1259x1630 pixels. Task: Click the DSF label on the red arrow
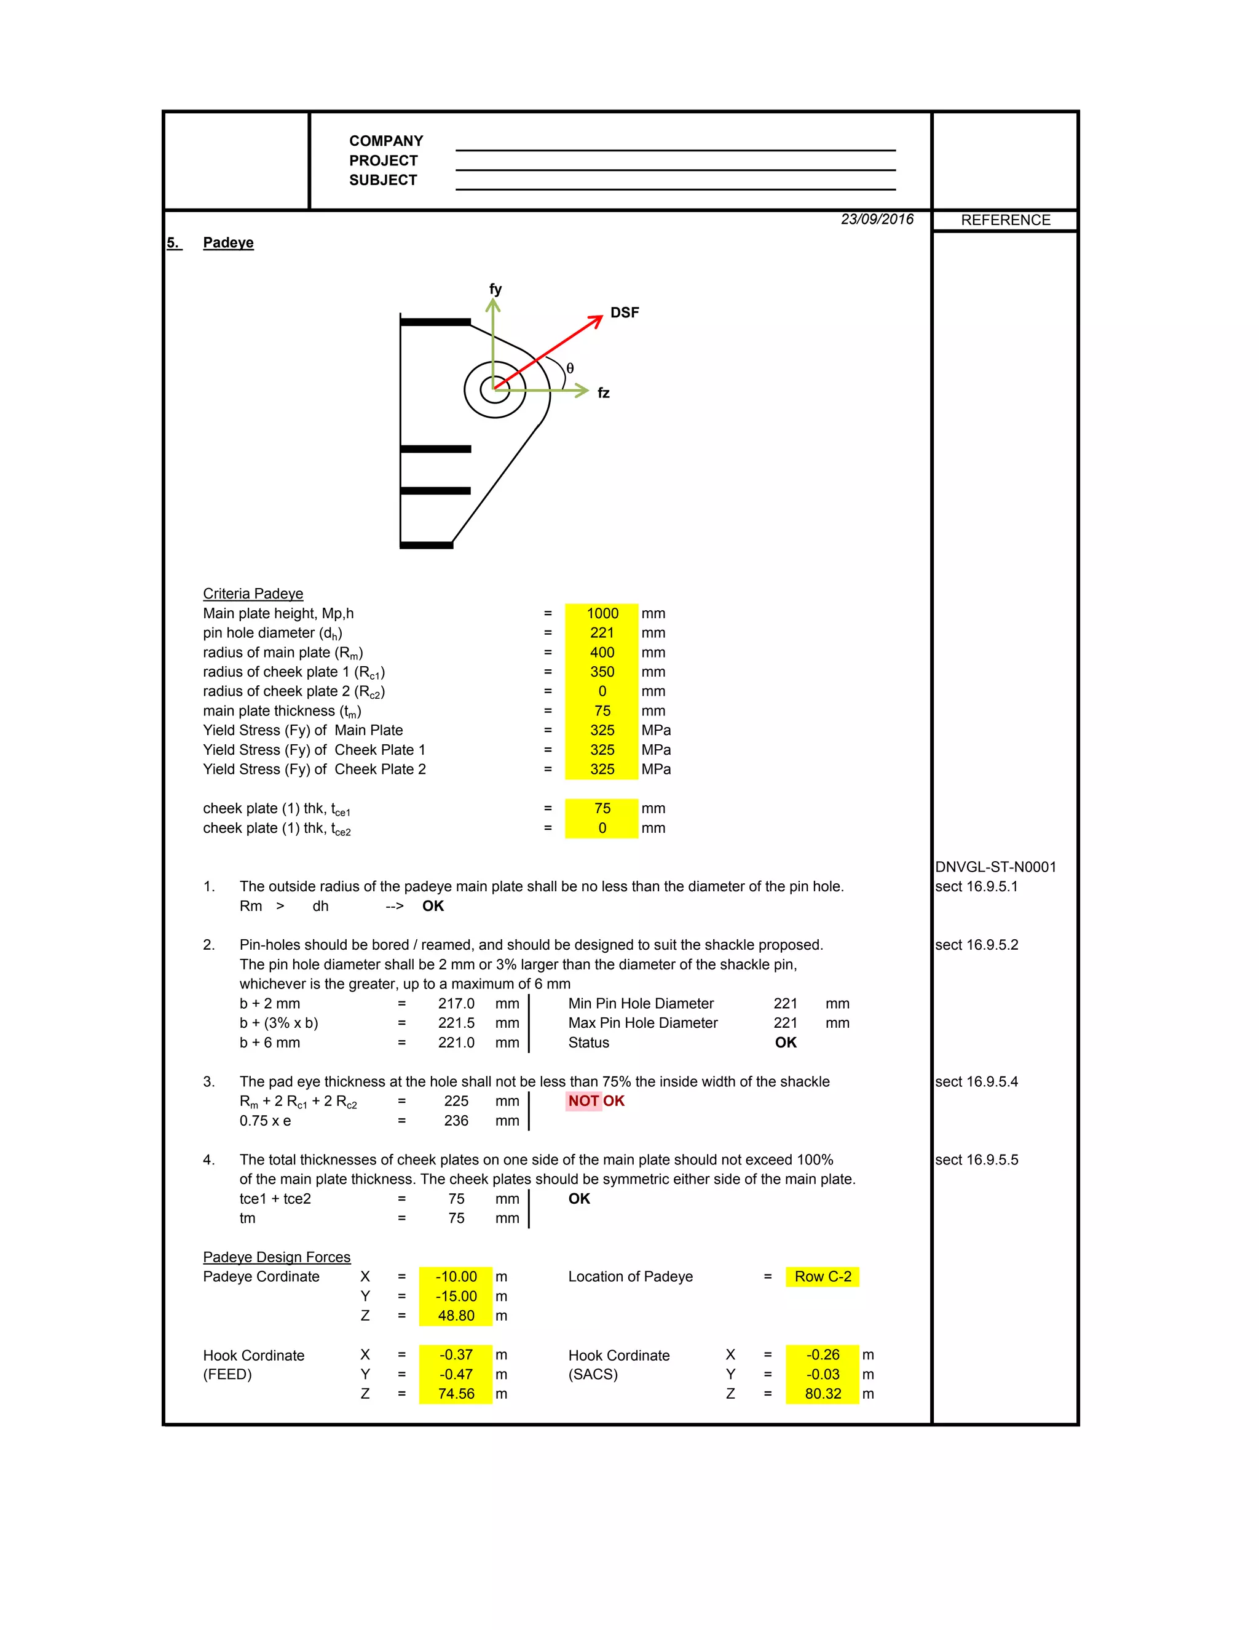(625, 312)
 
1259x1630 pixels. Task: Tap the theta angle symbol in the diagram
(570, 368)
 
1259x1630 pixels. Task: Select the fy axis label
(495, 289)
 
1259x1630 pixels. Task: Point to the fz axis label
(604, 392)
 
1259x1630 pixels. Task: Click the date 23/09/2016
(877, 220)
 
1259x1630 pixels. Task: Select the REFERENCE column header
(1004, 220)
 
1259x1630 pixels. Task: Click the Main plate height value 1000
(602, 613)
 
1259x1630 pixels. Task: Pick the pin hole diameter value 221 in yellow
(602, 633)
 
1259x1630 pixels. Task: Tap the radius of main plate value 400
(602, 652)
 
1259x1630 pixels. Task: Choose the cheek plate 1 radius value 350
(602, 672)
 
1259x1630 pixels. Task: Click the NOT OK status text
(596, 1101)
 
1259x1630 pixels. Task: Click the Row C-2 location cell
(822, 1276)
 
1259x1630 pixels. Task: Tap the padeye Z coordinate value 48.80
(456, 1316)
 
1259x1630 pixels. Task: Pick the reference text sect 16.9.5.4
(976, 1081)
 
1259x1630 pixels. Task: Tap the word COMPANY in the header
(385, 141)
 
